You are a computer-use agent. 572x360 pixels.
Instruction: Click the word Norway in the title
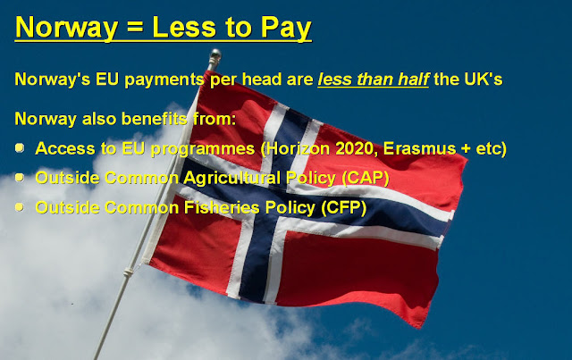pyautogui.click(x=67, y=28)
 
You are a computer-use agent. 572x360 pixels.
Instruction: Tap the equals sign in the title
pyautogui.click(x=135, y=28)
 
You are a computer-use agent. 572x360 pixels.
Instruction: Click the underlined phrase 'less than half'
pyautogui.click(x=374, y=80)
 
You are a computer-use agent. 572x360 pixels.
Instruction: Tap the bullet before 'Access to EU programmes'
pyautogui.click(x=20, y=148)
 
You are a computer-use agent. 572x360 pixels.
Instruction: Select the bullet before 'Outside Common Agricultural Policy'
pyautogui.click(x=20, y=178)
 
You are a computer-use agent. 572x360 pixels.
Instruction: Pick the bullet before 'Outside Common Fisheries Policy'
pyautogui.click(x=20, y=207)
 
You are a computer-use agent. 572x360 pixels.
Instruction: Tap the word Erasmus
pyautogui.click(x=419, y=148)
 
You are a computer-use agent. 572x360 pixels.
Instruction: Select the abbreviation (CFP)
pyautogui.click(x=343, y=207)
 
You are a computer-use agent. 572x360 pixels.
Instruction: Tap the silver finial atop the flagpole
pyautogui.click(x=214, y=55)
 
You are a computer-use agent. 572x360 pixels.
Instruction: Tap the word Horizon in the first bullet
pyautogui.click(x=296, y=149)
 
